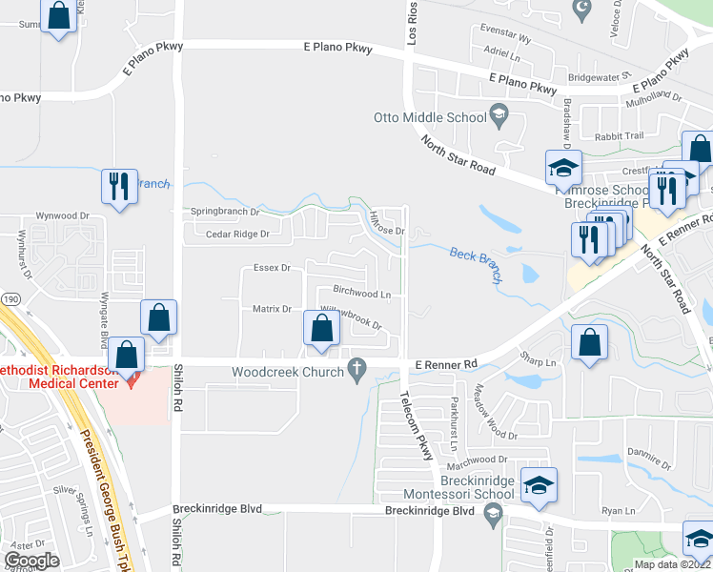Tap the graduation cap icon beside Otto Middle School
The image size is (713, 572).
pos(498,117)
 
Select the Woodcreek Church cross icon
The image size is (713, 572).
pos(357,367)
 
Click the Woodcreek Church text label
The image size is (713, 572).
pos(288,372)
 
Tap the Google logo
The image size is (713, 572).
pos(31,561)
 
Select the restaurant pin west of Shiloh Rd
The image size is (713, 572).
pos(119,186)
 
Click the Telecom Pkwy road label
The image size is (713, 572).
pos(417,425)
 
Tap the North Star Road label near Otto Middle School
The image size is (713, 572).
pos(458,155)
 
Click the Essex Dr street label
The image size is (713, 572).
pos(271,269)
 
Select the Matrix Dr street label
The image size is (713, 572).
pos(272,309)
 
